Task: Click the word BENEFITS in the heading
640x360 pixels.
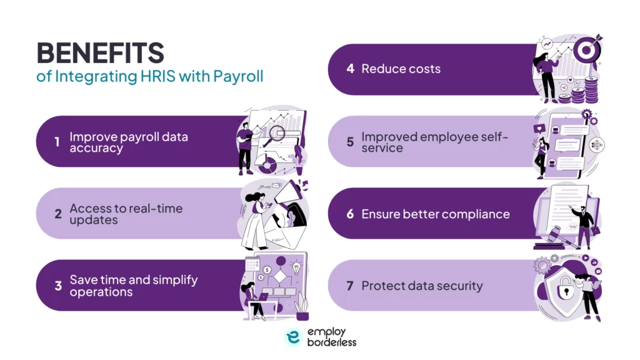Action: pyautogui.click(x=101, y=54)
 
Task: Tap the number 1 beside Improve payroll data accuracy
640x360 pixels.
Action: pyautogui.click(x=57, y=142)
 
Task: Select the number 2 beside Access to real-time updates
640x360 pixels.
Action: pyautogui.click(x=57, y=214)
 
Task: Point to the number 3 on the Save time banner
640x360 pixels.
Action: pyautogui.click(x=57, y=286)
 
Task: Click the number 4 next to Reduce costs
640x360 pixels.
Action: pyautogui.click(x=350, y=69)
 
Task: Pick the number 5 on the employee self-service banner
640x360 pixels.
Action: pyautogui.click(x=350, y=141)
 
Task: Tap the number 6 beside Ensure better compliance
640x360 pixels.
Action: pyautogui.click(x=350, y=214)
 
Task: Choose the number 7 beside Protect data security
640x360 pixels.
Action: pyautogui.click(x=350, y=286)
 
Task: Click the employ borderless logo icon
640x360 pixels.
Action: pyautogui.click(x=293, y=337)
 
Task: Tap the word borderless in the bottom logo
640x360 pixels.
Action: pyautogui.click(x=331, y=342)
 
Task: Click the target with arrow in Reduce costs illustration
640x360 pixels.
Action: pyautogui.click(x=585, y=49)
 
